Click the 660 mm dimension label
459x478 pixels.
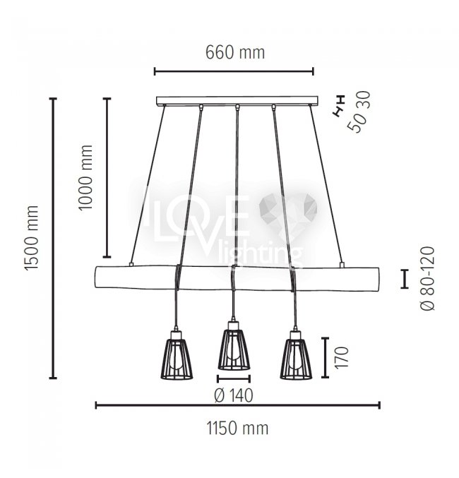[x=235, y=52]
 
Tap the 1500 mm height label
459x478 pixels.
[x=32, y=238]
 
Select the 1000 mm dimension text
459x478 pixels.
[x=85, y=177]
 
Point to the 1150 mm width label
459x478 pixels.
[x=237, y=428]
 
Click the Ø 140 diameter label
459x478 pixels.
[x=234, y=395]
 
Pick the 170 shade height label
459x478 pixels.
[x=342, y=357]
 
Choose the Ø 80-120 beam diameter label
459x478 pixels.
[x=428, y=278]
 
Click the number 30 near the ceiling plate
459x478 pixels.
[x=365, y=100]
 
